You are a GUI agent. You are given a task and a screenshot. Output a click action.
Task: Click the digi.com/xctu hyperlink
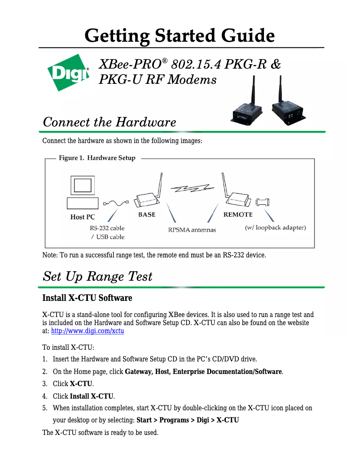(88, 331)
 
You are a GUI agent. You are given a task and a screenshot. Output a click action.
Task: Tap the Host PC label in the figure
(83, 217)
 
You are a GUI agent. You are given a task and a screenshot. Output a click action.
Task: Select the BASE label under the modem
(147, 215)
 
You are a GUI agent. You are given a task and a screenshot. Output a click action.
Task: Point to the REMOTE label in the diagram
(238, 215)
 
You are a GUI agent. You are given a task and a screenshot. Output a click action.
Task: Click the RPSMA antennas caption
(192, 230)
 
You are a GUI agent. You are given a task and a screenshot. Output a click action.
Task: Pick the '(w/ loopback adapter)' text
(275, 227)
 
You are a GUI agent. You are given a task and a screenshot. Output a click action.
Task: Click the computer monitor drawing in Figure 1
(83, 186)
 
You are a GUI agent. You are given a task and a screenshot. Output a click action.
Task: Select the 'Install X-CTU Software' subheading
(87, 298)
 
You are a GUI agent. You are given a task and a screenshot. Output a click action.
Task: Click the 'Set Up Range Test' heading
(97, 276)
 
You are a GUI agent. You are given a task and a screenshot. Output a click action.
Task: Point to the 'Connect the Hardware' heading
(109, 122)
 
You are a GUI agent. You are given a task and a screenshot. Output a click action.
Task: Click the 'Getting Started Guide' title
(180, 35)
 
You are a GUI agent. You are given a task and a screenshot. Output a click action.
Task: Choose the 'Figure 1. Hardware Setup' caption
(97, 158)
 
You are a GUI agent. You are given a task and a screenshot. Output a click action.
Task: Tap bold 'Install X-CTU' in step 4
(92, 396)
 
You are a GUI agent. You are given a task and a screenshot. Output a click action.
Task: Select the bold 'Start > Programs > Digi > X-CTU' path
(187, 420)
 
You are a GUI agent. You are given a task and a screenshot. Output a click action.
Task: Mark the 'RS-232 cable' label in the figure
(107, 228)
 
